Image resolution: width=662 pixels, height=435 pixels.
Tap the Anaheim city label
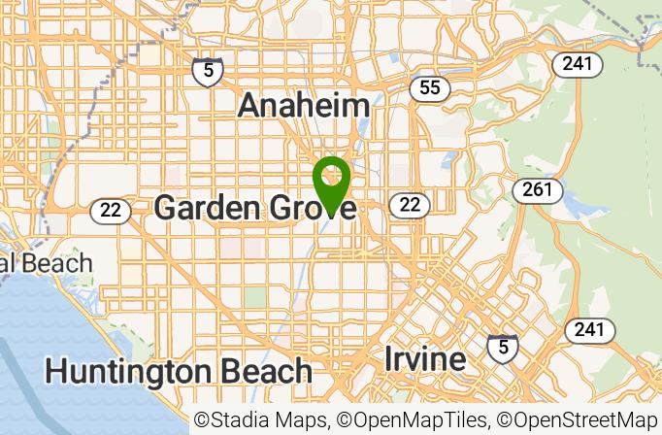(304, 106)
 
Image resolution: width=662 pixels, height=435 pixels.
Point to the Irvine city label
(424, 358)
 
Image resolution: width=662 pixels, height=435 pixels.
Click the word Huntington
(128, 370)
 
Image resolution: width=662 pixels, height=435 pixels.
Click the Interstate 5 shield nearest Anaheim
(207, 70)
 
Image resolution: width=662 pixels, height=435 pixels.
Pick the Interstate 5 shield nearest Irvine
(502, 347)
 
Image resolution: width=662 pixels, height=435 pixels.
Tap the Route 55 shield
(429, 88)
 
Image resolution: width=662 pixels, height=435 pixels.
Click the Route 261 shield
(537, 189)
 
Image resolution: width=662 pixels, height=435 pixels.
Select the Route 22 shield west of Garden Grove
(110, 210)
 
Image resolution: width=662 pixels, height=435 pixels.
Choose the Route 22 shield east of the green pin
(410, 204)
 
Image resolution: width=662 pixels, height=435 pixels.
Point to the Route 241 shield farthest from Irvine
(578, 64)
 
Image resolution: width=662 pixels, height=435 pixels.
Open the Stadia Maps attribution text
(261, 420)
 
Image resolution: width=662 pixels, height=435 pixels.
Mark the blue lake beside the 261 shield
(572, 205)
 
